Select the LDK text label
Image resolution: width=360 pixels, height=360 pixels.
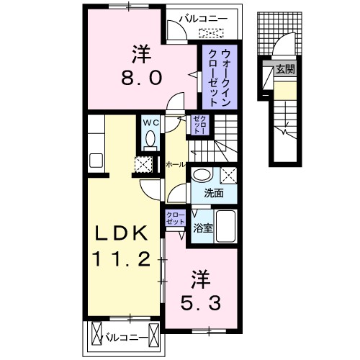coord(123,233)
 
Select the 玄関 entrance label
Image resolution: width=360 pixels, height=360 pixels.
coord(283,69)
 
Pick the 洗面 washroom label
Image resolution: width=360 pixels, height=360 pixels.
coord(212,193)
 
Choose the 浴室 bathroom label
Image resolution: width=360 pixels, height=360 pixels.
coord(202,229)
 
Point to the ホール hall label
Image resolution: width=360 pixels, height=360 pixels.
coord(174,165)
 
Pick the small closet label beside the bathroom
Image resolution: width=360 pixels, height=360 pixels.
coord(175,218)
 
